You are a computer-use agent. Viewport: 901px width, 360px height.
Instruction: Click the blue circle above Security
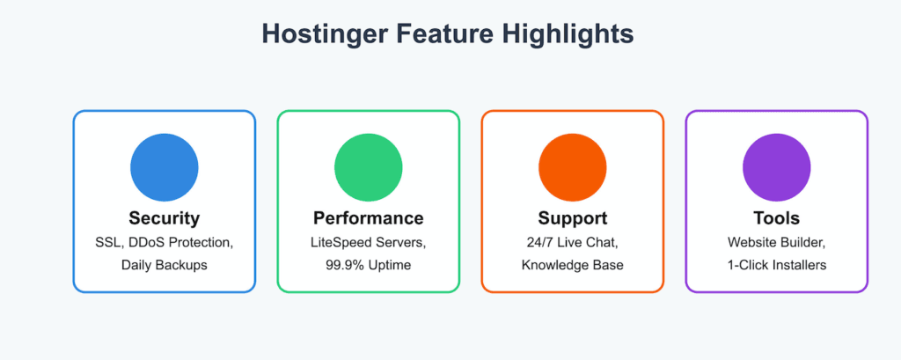click(165, 167)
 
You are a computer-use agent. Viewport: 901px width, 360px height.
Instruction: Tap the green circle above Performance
click(369, 167)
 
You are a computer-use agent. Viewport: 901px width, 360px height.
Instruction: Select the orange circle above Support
click(572, 167)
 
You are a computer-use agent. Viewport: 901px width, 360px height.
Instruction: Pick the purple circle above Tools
click(776, 167)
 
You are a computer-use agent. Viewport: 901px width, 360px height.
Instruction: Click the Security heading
click(165, 218)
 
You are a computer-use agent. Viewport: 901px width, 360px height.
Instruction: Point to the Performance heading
click(369, 218)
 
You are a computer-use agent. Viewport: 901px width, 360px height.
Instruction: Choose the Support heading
click(572, 219)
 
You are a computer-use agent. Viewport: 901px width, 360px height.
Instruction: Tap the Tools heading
click(776, 218)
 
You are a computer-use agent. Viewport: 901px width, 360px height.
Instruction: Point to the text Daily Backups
click(165, 266)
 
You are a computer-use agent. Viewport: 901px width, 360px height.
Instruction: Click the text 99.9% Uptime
click(369, 266)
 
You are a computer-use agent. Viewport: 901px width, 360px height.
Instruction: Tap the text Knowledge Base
click(572, 266)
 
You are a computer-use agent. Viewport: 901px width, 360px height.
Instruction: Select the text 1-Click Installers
click(776, 265)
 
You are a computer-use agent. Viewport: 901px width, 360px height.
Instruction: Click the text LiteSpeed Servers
click(369, 243)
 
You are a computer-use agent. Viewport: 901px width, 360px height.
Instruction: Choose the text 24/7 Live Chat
click(572, 242)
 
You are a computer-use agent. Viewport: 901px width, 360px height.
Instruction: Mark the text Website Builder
click(776, 242)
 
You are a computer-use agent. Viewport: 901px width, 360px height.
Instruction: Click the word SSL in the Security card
click(106, 243)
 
